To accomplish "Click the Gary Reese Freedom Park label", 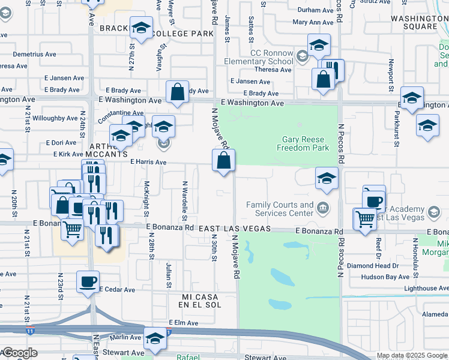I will click(x=306, y=143).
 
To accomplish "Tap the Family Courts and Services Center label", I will click(x=280, y=209).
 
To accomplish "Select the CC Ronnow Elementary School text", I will click(x=259, y=57).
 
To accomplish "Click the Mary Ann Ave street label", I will click(x=313, y=22).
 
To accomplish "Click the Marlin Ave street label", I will click(x=125, y=337).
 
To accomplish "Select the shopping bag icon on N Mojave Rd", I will click(x=223, y=160).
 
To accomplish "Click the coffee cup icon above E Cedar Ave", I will click(x=88, y=281).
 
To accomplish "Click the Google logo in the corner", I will click(x=20, y=353).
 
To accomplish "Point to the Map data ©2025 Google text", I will click(x=411, y=355).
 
